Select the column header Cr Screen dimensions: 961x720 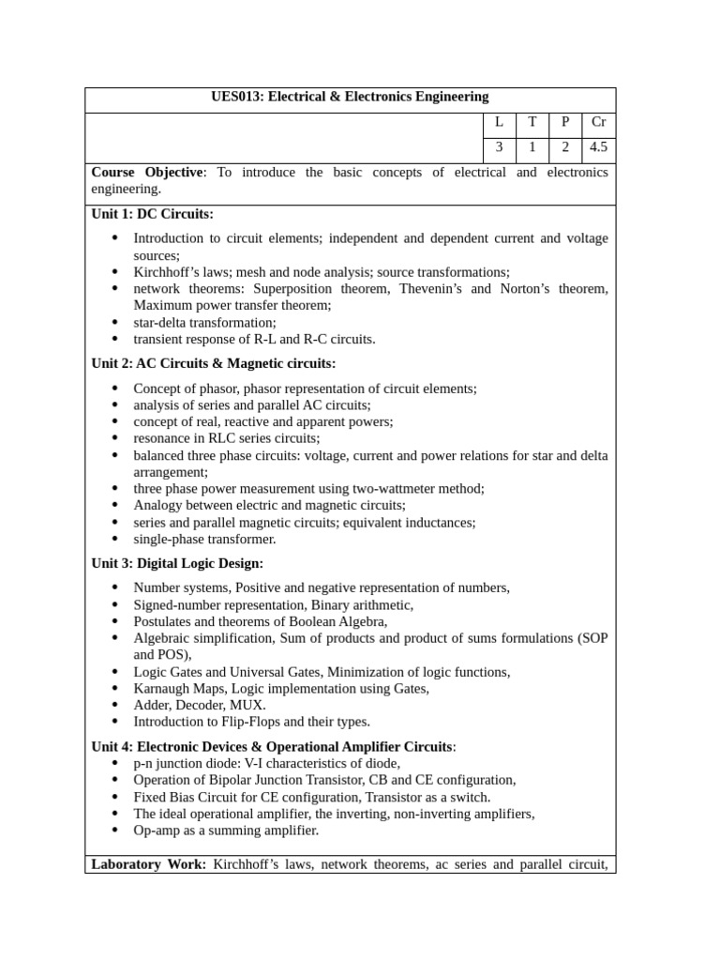point(597,122)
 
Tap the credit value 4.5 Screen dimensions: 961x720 point(597,146)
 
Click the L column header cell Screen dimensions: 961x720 point(499,122)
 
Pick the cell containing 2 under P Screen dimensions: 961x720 point(564,146)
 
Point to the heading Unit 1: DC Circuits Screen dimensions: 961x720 point(152,214)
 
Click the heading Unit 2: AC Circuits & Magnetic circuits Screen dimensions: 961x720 point(213,363)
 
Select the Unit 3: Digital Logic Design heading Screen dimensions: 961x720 point(177,563)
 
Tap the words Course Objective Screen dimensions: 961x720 point(147,172)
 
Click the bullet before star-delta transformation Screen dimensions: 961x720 point(114,322)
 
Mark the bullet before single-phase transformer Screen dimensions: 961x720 point(114,539)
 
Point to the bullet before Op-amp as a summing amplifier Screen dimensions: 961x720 point(114,831)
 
